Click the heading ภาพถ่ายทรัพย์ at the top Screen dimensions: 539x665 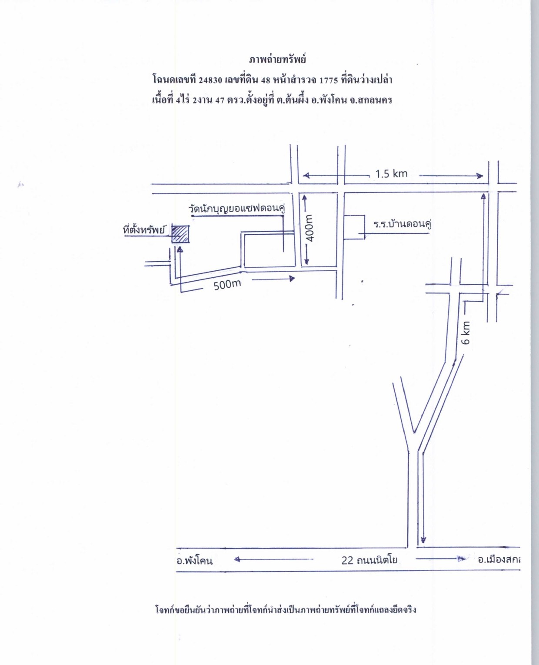click(x=277, y=60)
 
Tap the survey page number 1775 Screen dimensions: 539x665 click(x=329, y=80)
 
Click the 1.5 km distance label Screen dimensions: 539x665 click(x=391, y=173)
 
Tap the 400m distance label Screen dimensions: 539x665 click(x=310, y=228)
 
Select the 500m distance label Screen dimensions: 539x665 click(x=227, y=285)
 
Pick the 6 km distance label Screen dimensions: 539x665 click(x=466, y=332)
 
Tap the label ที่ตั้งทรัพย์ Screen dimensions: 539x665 click(x=144, y=230)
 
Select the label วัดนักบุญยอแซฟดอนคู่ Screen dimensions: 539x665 click(x=237, y=209)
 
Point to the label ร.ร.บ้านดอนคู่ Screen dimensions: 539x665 click(x=402, y=224)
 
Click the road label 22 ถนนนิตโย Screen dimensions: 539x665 click(x=369, y=560)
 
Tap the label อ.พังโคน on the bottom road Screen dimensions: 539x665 click(x=195, y=561)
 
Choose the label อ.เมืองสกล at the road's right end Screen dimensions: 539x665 click(x=499, y=560)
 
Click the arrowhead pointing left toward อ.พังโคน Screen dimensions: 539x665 click(x=237, y=559)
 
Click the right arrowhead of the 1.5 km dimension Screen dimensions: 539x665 click(x=479, y=176)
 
